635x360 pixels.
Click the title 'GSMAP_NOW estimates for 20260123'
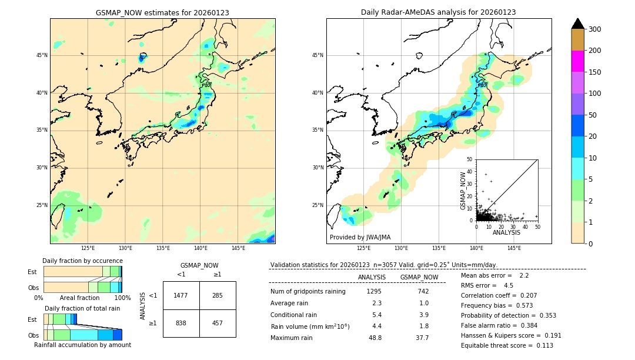point(162,12)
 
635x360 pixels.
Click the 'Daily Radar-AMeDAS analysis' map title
point(439,12)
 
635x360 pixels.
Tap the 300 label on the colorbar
point(595,29)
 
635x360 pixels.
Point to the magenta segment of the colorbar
point(577,61)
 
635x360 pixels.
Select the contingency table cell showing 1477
point(181,295)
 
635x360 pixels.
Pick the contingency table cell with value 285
point(218,295)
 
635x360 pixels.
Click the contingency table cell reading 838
point(181,324)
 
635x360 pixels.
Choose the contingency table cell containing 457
point(218,324)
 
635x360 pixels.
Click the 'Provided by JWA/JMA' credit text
point(360,238)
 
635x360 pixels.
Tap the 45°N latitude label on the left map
point(41,55)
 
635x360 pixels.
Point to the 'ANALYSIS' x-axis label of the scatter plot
point(506,232)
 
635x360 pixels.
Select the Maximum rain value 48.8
point(375,338)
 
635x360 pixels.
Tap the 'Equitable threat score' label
point(497,345)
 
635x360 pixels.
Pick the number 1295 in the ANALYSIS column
point(374,292)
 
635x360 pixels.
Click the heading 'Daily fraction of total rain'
point(82,308)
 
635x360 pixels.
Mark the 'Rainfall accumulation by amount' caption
point(82,345)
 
